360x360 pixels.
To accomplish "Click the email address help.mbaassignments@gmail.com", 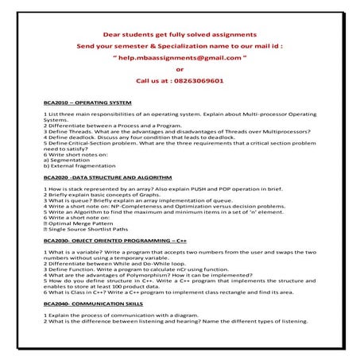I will (x=180, y=58).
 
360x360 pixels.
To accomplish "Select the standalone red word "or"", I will (x=180, y=69).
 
